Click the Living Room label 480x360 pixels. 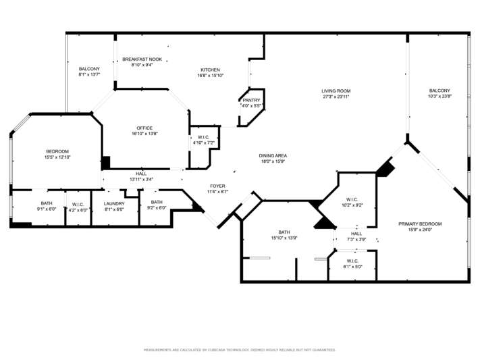coord(336,91)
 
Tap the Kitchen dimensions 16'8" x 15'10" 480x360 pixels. coord(211,76)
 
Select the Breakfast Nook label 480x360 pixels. coord(142,59)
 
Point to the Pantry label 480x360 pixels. coord(251,100)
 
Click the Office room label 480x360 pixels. coord(144,128)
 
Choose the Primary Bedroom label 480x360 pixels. coord(420,224)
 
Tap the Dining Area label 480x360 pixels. coord(273,155)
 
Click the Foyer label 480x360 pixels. coord(217,186)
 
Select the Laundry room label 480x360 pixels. coord(114,204)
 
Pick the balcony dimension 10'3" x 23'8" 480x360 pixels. coord(440,96)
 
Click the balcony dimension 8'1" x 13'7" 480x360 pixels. coord(89,74)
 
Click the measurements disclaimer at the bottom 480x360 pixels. coord(240,350)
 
